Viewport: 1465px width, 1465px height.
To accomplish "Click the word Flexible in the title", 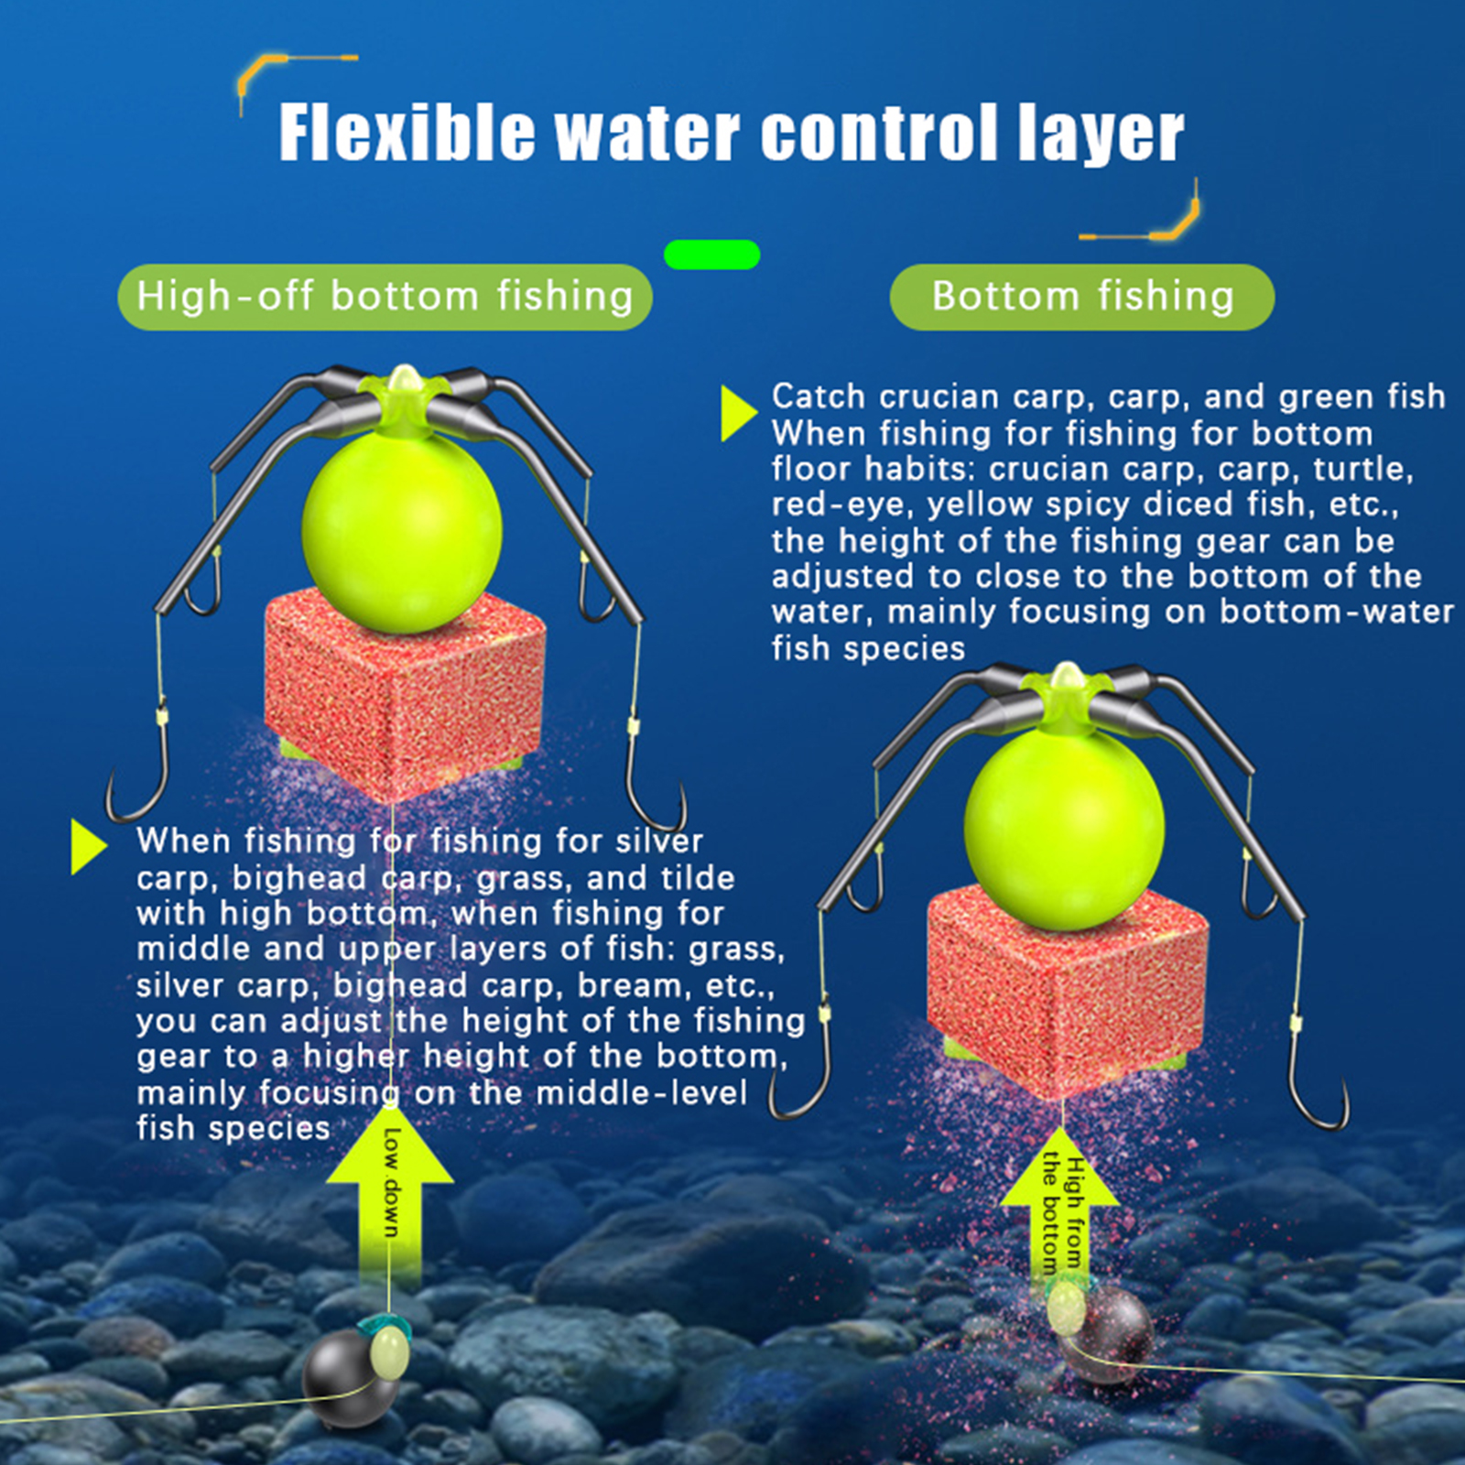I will click(x=407, y=133).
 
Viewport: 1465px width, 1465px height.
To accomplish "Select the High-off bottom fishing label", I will click(x=385, y=297).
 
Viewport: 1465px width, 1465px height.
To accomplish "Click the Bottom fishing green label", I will click(x=1082, y=297).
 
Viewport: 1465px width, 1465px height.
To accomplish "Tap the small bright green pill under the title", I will click(x=711, y=255).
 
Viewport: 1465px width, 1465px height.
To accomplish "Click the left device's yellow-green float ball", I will click(x=402, y=531).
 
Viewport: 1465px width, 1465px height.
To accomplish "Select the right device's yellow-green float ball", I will click(x=1064, y=829).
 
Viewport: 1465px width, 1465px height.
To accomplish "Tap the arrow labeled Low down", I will click(x=391, y=1199).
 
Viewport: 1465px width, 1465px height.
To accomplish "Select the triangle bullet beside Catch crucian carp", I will click(x=737, y=413).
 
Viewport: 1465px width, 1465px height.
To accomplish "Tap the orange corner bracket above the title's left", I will click(x=275, y=69).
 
